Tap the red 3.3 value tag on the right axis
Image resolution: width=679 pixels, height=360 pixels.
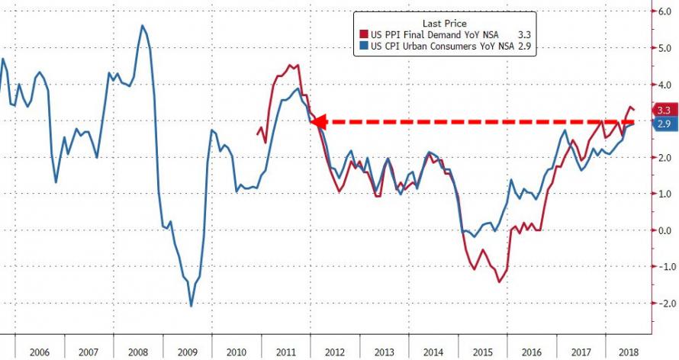click(663, 111)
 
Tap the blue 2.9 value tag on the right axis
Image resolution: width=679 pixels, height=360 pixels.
click(663, 124)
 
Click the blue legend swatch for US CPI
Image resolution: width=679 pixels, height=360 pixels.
click(365, 47)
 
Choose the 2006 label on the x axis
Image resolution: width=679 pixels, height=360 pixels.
click(40, 352)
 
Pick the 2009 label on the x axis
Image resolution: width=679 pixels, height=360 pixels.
click(188, 352)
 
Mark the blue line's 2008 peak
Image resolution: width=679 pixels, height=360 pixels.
click(143, 26)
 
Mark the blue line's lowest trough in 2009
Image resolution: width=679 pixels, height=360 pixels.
click(190, 306)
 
